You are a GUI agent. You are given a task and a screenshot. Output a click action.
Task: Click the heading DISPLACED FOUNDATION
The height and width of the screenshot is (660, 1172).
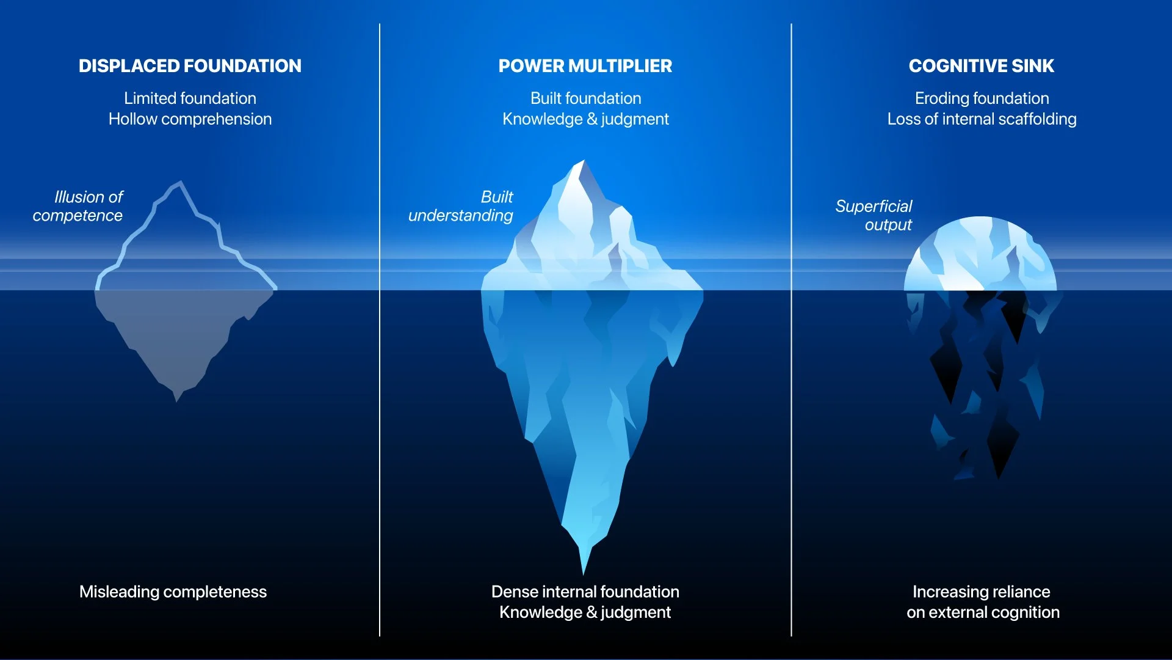pyautogui.click(x=190, y=66)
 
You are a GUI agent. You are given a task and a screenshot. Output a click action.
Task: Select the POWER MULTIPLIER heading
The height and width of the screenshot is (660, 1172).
pyautogui.click(x=585, y=66)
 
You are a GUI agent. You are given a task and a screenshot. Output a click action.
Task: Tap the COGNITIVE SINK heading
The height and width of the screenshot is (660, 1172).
pyautogui.click(x=981, y=66)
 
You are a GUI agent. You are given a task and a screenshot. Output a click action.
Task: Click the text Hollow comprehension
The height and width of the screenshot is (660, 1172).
pyautogui.click(x=190, y=119)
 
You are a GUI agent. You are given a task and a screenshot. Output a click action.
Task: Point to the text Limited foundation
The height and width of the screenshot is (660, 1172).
pyautogui.click(x=190, y=98)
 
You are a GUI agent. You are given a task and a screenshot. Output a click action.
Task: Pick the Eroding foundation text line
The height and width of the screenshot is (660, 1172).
pyautogui.click(x=982, y=98)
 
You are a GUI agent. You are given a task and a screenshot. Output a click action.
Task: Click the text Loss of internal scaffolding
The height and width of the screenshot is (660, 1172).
pyautogui.click(x=982, y=119)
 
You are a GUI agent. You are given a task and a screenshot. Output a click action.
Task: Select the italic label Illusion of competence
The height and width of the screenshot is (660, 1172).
pyautogui.click(x=78, y=206)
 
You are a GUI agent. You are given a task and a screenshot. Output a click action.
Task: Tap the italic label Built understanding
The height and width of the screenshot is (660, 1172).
pyautogui.click(x=461, y=206)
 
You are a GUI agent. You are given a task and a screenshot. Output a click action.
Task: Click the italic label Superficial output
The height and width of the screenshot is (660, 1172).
pyautogui.click(x=874, y=215)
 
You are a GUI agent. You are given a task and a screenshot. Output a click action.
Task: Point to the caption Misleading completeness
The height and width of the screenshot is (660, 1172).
pyautogui.click(x=173, y=592)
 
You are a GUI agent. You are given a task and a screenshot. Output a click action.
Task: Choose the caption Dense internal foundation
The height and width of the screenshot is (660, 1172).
pyautogui.click(x=585, y=592)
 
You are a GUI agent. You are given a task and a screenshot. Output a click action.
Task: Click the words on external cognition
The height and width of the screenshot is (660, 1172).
pyautogui.click(x=983, y=612)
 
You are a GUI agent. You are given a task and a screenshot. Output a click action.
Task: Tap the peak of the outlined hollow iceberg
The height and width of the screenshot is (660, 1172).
pyautogui.click(x=180, y=183)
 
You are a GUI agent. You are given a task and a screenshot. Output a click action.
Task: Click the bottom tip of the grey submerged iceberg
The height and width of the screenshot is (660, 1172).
pyautogui.click(x=177, y=398)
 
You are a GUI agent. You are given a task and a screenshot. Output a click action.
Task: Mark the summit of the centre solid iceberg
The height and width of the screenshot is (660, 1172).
pyautogui.click(x=582, y=162)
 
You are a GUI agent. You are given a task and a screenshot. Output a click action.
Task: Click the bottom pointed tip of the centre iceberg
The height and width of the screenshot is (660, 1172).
pyautogui.click(x=584, y=571)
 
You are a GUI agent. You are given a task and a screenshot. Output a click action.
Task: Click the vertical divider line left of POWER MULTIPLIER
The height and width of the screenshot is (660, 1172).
pyautogui.click(x=380, y=330)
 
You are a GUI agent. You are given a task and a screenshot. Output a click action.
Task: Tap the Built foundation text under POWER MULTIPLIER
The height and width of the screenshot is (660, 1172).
pyautogui.click(x=585, y=98)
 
